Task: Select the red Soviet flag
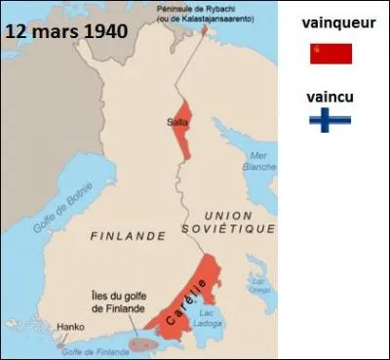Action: [331, 54]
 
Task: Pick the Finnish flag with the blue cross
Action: [331, 120]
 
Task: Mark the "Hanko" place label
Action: [70, 328]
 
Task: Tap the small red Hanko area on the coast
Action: [62, 343]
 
